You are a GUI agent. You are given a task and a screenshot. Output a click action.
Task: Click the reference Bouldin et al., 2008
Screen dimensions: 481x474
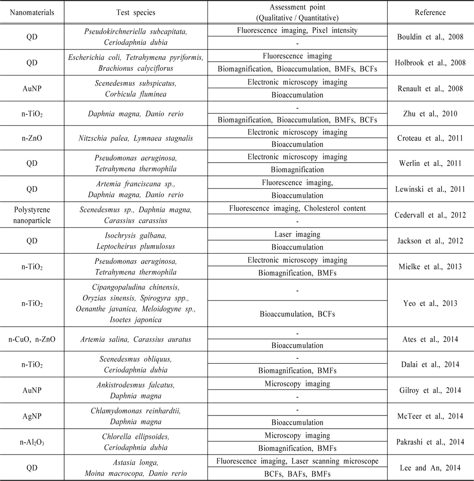(430, 36)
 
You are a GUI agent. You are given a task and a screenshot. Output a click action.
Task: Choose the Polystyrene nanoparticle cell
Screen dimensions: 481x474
(32, 214)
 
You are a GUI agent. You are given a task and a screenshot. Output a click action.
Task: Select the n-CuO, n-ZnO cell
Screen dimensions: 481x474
(32, 339)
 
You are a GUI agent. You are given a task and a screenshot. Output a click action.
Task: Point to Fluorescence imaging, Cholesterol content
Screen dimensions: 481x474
(297, 207)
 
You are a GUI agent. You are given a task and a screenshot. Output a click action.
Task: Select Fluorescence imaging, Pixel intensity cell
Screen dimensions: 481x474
(297, 31)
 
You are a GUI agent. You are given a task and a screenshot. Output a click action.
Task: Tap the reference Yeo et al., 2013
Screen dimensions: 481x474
(430, 303)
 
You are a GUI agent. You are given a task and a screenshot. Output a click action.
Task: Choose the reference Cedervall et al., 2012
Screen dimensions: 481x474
(430, 214)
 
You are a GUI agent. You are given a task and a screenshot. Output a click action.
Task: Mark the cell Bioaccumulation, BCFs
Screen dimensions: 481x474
(297, 314)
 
